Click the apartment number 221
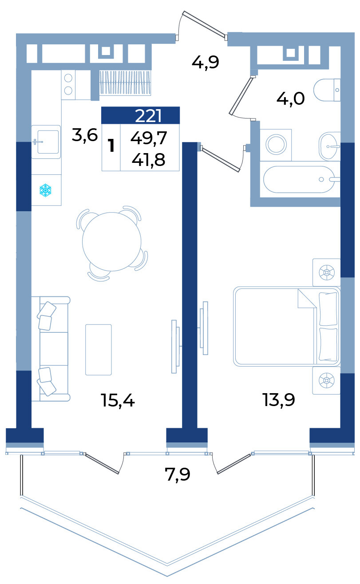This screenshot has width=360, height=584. (x=148, y=115)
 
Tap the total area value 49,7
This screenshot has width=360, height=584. (x=149, y=138)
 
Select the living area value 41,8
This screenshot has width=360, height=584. (x=148, y=160)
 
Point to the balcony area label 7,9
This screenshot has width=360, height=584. (x=178, y=474)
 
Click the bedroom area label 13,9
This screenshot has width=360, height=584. (x=279, y=400)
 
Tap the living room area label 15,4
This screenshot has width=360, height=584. (x=118, y=400)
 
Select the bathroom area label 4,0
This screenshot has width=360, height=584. (x=291, y=99)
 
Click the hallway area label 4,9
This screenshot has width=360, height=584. (x=206, y=63)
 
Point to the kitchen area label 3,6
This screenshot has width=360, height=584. (x=85, y=135)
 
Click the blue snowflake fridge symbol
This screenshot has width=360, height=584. (x=45, y=190)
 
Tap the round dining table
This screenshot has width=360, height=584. (x=112, y=242)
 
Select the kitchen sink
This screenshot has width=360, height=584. (x=46, y=142)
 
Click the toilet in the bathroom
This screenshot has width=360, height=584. (x=327, y=90)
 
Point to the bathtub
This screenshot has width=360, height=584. (x=300, y=179)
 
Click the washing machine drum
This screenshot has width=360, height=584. (x=276, y=144)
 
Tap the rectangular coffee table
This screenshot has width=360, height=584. (x=99, y=350)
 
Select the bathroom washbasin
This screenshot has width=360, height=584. (x=329, y=146)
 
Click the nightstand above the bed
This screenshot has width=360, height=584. (x=327, y=273)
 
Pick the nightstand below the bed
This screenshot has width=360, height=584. (x=327, y=380)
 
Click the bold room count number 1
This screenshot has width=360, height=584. (x=111, y=146)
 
